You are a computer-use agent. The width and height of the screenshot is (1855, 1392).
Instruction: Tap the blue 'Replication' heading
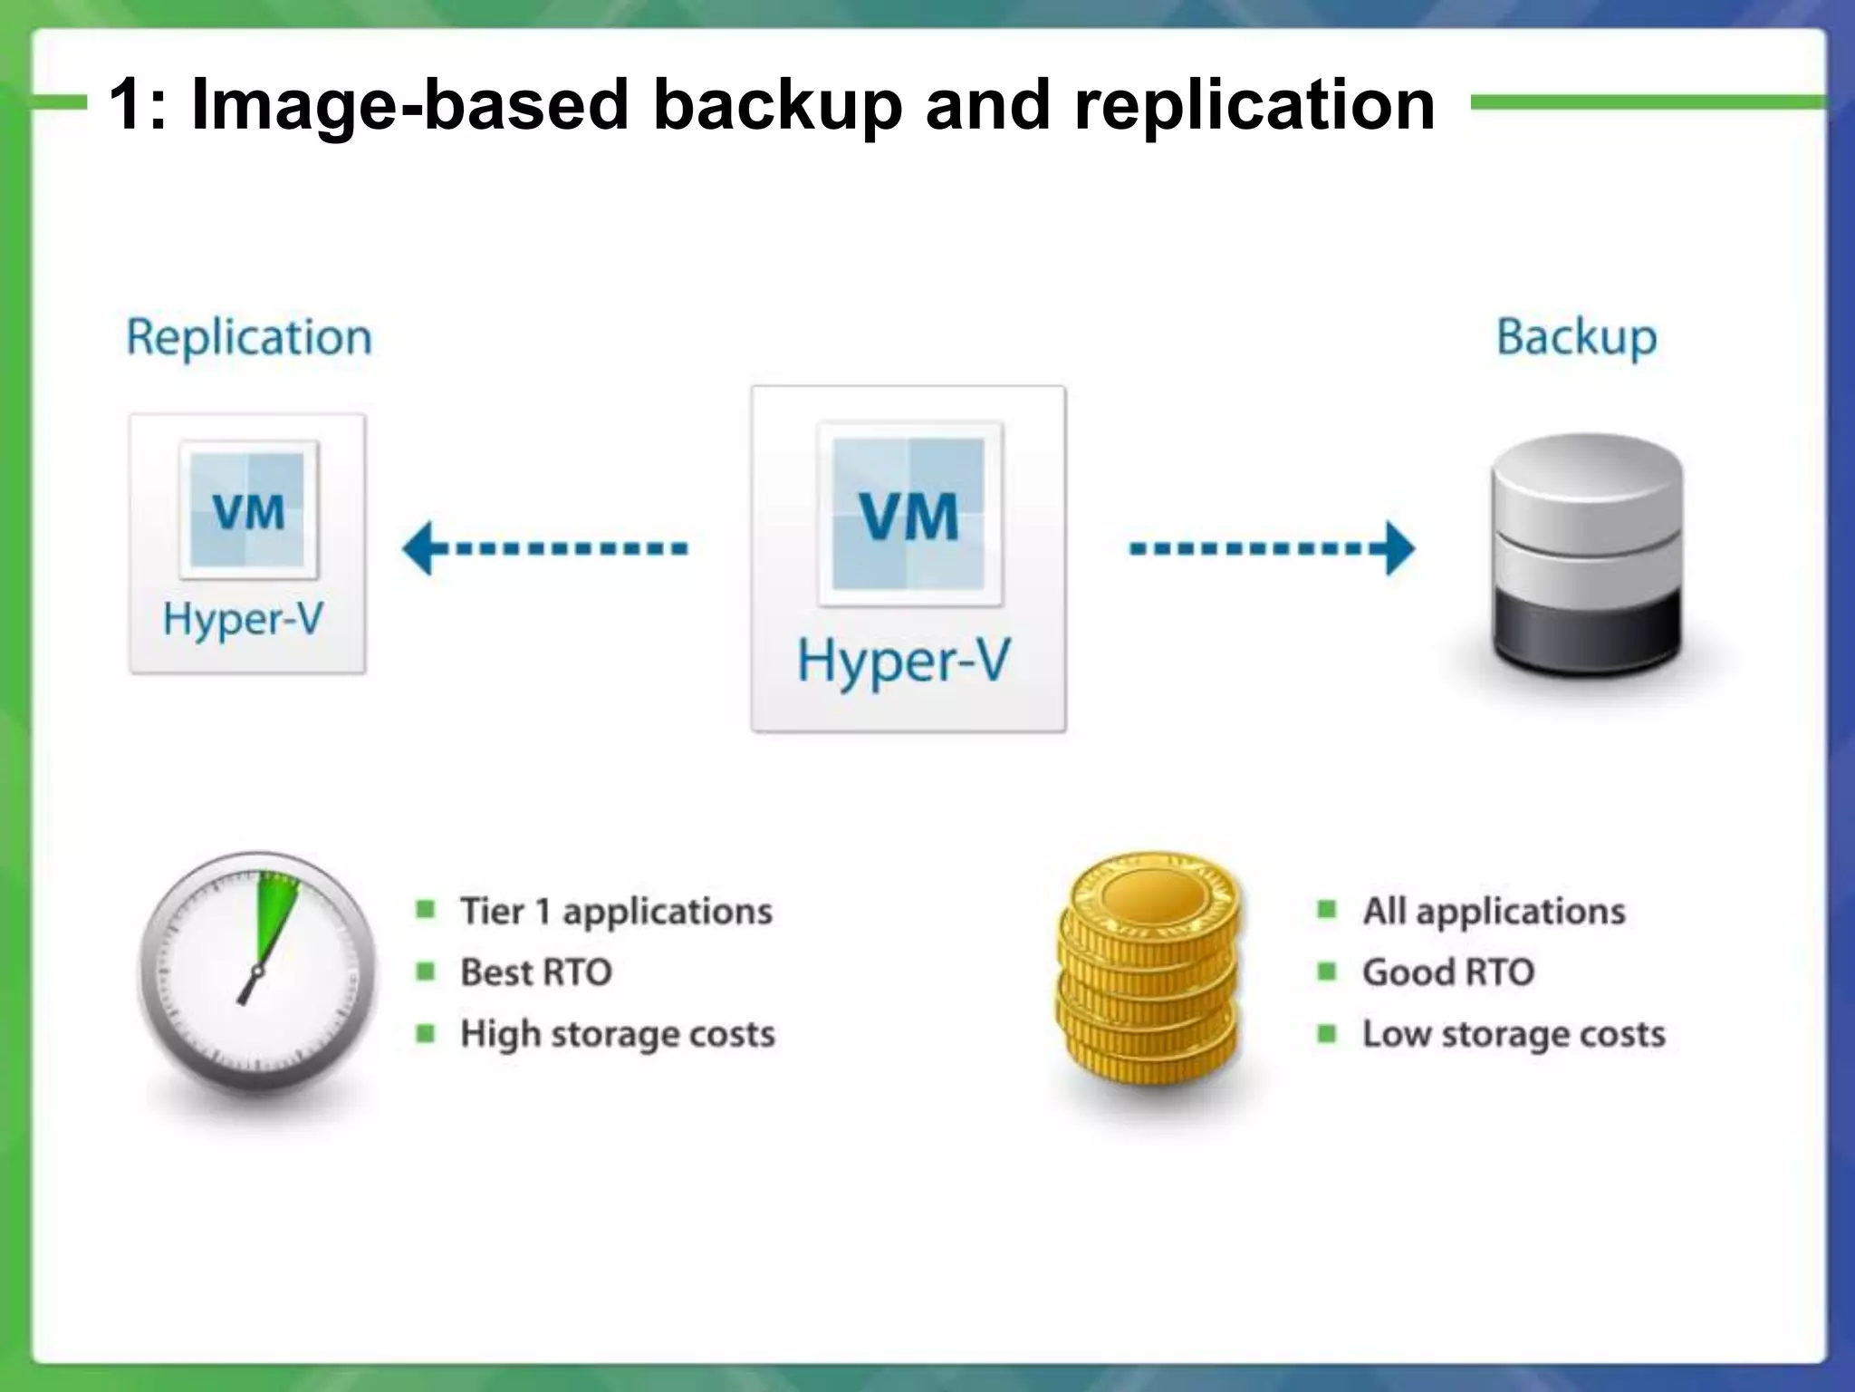click(249, 338)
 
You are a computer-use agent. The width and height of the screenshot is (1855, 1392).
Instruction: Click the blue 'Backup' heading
click(1576, 338)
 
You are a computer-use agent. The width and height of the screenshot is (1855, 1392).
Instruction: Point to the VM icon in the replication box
click(249, 510)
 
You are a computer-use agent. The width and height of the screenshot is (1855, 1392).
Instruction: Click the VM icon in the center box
click(909, 514)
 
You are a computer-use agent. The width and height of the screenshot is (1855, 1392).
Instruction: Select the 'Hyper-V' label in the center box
click(903, 661)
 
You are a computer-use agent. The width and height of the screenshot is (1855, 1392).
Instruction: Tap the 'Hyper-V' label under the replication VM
click(243, 620)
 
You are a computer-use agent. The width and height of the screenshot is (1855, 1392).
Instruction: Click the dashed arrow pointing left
click(544, 548)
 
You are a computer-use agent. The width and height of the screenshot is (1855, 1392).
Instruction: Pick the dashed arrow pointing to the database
click(1272, 548)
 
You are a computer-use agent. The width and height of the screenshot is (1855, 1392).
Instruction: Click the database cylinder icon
click(1587, 553)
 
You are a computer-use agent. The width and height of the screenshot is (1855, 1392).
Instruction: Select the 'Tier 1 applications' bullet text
click(616, 912)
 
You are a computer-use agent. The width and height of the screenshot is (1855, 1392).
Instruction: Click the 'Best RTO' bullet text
click(536, 972)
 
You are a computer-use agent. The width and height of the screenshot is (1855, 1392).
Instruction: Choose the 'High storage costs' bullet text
click(618, 1034)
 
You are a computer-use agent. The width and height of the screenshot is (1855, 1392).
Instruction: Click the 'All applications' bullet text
click(1494, 912)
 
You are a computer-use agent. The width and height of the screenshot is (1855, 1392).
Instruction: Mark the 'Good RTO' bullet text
click(1448, 972)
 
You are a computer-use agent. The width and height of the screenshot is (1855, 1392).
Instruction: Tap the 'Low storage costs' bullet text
click(1514, 1034)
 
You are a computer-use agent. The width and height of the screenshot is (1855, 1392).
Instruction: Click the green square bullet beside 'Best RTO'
click(425, 972)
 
